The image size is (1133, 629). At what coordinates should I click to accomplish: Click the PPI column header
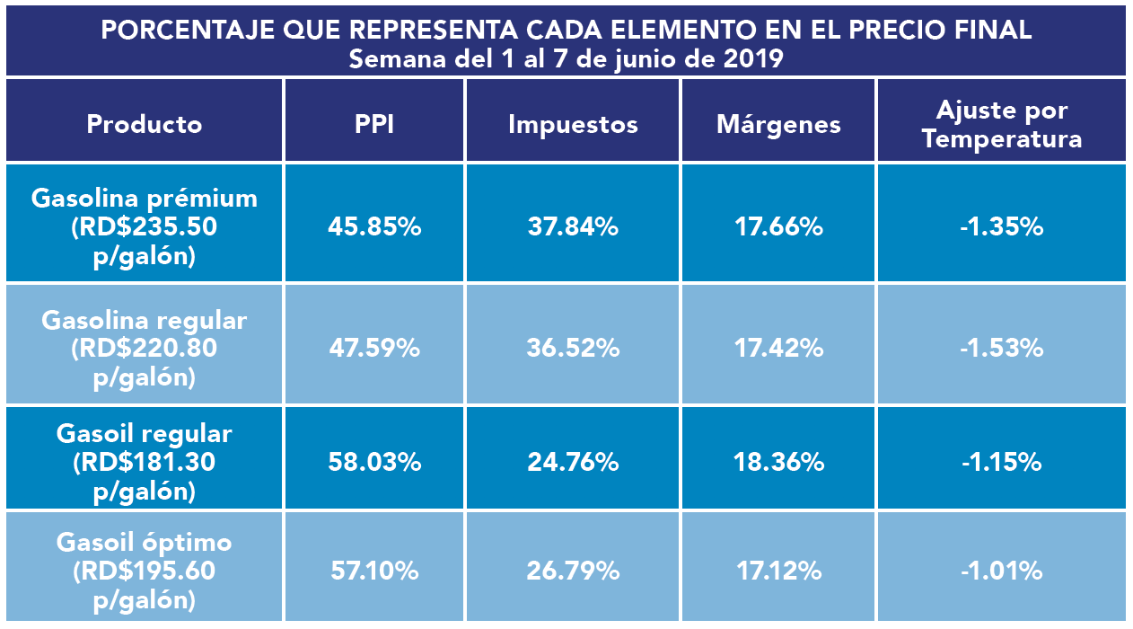point(374,124)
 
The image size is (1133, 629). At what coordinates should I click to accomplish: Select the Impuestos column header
point(573,124)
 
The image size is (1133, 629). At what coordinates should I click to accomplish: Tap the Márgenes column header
point(778,124)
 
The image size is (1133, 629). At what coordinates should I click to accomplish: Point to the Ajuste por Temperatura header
point(1002,125)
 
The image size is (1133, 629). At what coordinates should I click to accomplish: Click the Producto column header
point(145,124)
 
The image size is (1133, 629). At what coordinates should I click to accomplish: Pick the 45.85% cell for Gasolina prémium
point(374,226)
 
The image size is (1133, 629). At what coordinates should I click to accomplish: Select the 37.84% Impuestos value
point(573,226)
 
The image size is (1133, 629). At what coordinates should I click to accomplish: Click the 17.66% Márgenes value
point(778,226)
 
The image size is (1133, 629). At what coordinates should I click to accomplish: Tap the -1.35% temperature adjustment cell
point(1002,226)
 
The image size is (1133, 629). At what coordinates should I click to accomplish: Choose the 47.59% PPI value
point(374,348)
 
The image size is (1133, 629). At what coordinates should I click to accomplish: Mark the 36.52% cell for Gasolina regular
point(573,348)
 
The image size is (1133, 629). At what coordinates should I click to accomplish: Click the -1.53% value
point(1002,348)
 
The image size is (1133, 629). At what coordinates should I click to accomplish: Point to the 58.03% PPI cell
point(374,463)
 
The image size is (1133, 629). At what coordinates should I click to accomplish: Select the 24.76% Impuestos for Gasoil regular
point(573,463)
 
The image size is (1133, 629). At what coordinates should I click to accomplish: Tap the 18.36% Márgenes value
point(778,463)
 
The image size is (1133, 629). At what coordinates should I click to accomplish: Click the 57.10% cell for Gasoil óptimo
point(374,571)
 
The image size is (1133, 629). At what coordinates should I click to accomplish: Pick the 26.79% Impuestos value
point(573,571)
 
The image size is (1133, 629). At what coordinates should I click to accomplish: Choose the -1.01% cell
point(1002,571)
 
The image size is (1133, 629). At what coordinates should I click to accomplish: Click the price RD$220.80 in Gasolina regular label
point(145,349)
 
